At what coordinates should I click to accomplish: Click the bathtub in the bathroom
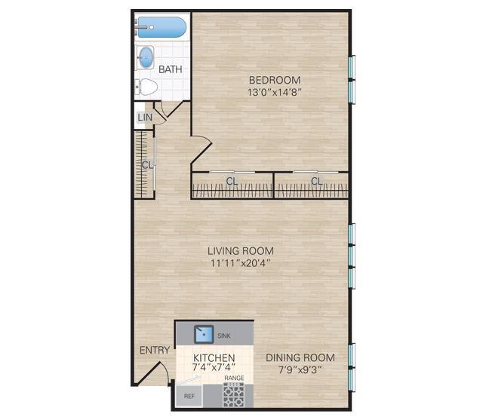(162, 28)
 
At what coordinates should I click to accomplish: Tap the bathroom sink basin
(146, 57)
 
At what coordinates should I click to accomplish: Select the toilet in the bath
(147, 87)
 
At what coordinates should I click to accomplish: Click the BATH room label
(170, 70)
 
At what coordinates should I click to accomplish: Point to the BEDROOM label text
(275, 80)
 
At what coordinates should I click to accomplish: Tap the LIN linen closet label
(145, 118)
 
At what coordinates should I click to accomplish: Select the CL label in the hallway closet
(148, 164)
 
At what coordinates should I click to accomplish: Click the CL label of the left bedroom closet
(232, 181)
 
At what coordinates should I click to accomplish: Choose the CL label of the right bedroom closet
(316, 181)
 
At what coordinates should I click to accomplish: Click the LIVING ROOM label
(241, 251)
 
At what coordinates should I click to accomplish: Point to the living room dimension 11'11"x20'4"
(241, 264)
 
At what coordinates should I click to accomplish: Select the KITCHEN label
(214, 357)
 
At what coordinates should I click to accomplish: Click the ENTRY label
(154, 351)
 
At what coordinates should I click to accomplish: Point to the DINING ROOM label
(300, 357)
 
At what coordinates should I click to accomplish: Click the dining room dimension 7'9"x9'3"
(300, 369)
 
